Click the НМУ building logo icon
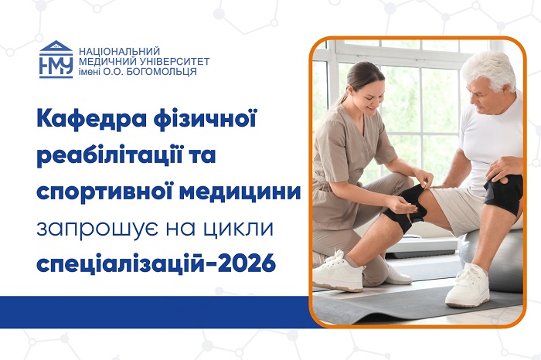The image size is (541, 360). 56,59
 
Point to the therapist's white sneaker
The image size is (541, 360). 338,271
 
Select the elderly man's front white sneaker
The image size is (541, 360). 468,286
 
